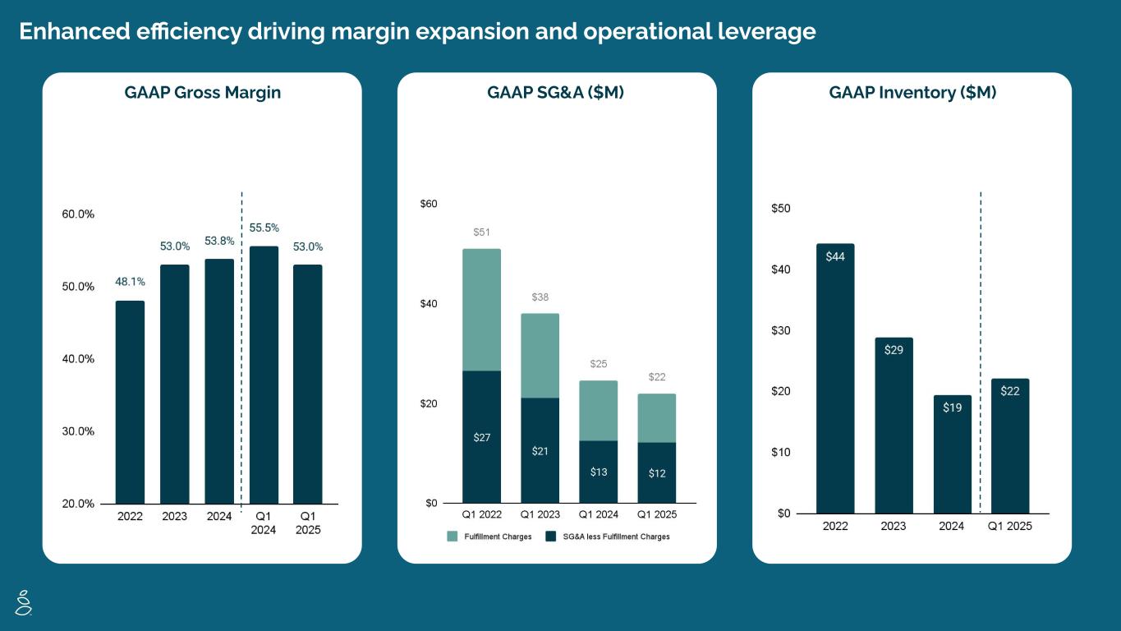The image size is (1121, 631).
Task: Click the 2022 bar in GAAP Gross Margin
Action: coord(130,403)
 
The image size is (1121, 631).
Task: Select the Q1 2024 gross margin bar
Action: coord(264,375)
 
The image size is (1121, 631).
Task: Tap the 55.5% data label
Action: coord(264,228)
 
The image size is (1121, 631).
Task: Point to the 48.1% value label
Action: coord(130,282)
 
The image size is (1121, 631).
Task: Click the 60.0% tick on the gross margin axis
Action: coord(78,214)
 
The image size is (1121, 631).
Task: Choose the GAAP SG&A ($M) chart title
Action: coord(556,93)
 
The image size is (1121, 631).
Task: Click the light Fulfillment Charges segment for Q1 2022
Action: coord(481,310)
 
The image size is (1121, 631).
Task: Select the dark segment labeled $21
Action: coord(540,450)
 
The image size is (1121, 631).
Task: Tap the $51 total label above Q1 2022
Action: coord(481,233)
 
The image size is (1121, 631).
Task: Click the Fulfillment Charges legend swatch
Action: coord(453,537)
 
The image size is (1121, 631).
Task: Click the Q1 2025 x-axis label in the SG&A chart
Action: coord(657,515)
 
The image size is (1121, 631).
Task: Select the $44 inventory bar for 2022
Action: coord(835,378)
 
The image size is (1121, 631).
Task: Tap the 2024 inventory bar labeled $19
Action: coord(952,454)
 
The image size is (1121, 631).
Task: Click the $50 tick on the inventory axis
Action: coord(781,209)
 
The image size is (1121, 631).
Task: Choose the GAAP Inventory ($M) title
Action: coord(912,93)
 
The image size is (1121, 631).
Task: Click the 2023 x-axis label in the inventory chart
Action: coord(894,526)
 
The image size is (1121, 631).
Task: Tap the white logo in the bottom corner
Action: coord(24,602)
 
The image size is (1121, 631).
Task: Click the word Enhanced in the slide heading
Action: coord(71,31)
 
